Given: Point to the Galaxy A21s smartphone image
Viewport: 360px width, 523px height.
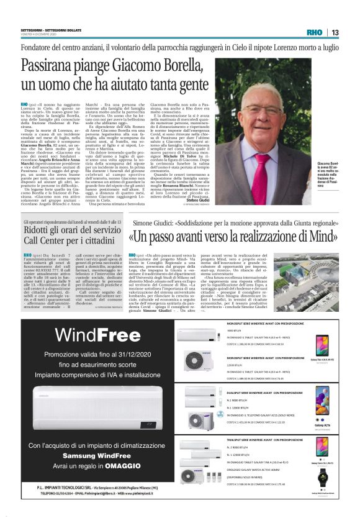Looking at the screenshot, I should coord(323,401).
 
